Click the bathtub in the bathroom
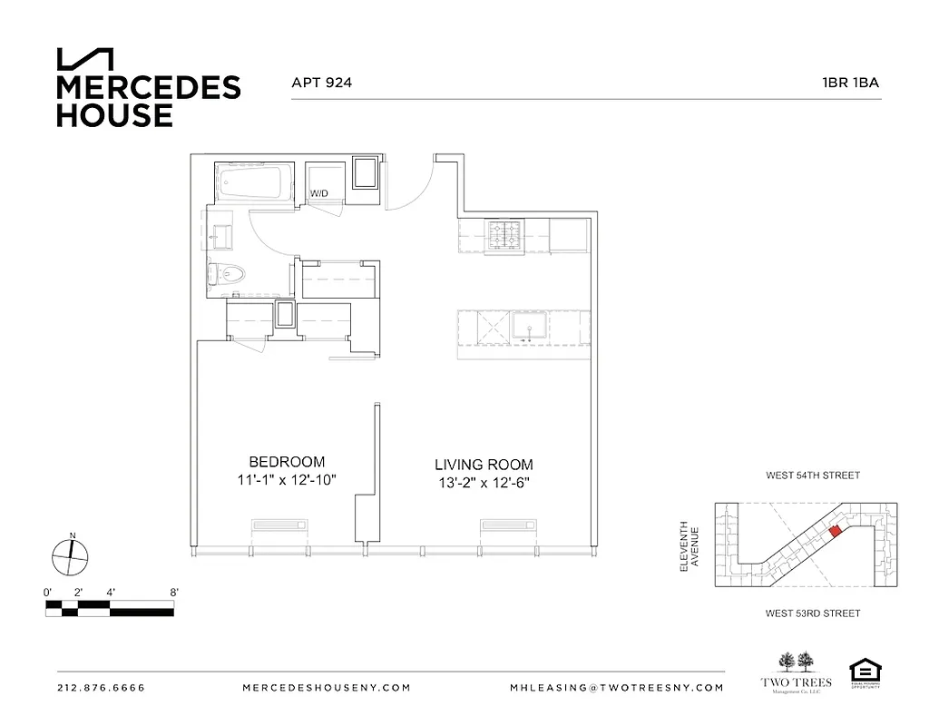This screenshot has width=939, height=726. pos(255,184)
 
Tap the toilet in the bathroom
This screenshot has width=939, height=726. pos(228,273)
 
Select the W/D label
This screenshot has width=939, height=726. pos(319,193)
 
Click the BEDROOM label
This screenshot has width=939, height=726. pos(287,461)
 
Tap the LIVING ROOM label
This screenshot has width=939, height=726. pos(484,465)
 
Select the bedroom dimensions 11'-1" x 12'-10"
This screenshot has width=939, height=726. pos(287,480)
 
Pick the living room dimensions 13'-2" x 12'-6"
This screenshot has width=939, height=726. pos(484,484)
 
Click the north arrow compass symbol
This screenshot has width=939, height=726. pos(69,555)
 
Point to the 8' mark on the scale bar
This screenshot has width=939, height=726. pos(173,592)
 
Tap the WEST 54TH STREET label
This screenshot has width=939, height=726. pos(812,476)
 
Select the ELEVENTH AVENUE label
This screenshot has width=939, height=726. pos(690,545)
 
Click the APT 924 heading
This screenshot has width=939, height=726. pos(321,83)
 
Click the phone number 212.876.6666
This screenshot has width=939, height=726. pos(101,688)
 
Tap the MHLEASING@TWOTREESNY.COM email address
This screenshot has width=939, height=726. pos(617,688)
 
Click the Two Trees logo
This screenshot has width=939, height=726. pos(795,672)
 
